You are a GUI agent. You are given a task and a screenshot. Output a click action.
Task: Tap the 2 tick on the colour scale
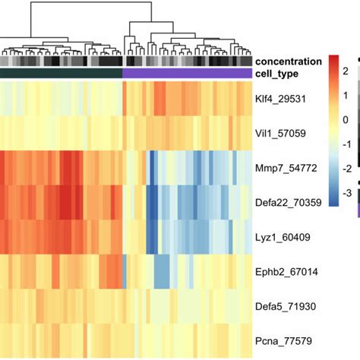(346, 71)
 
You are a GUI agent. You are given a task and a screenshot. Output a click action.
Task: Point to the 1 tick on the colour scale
(346, 96)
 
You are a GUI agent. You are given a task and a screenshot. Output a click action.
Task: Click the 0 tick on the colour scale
(346, 120)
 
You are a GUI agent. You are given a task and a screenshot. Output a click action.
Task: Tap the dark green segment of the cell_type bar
(61, 73)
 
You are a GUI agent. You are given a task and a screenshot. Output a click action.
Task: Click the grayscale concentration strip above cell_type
(126, 61)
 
